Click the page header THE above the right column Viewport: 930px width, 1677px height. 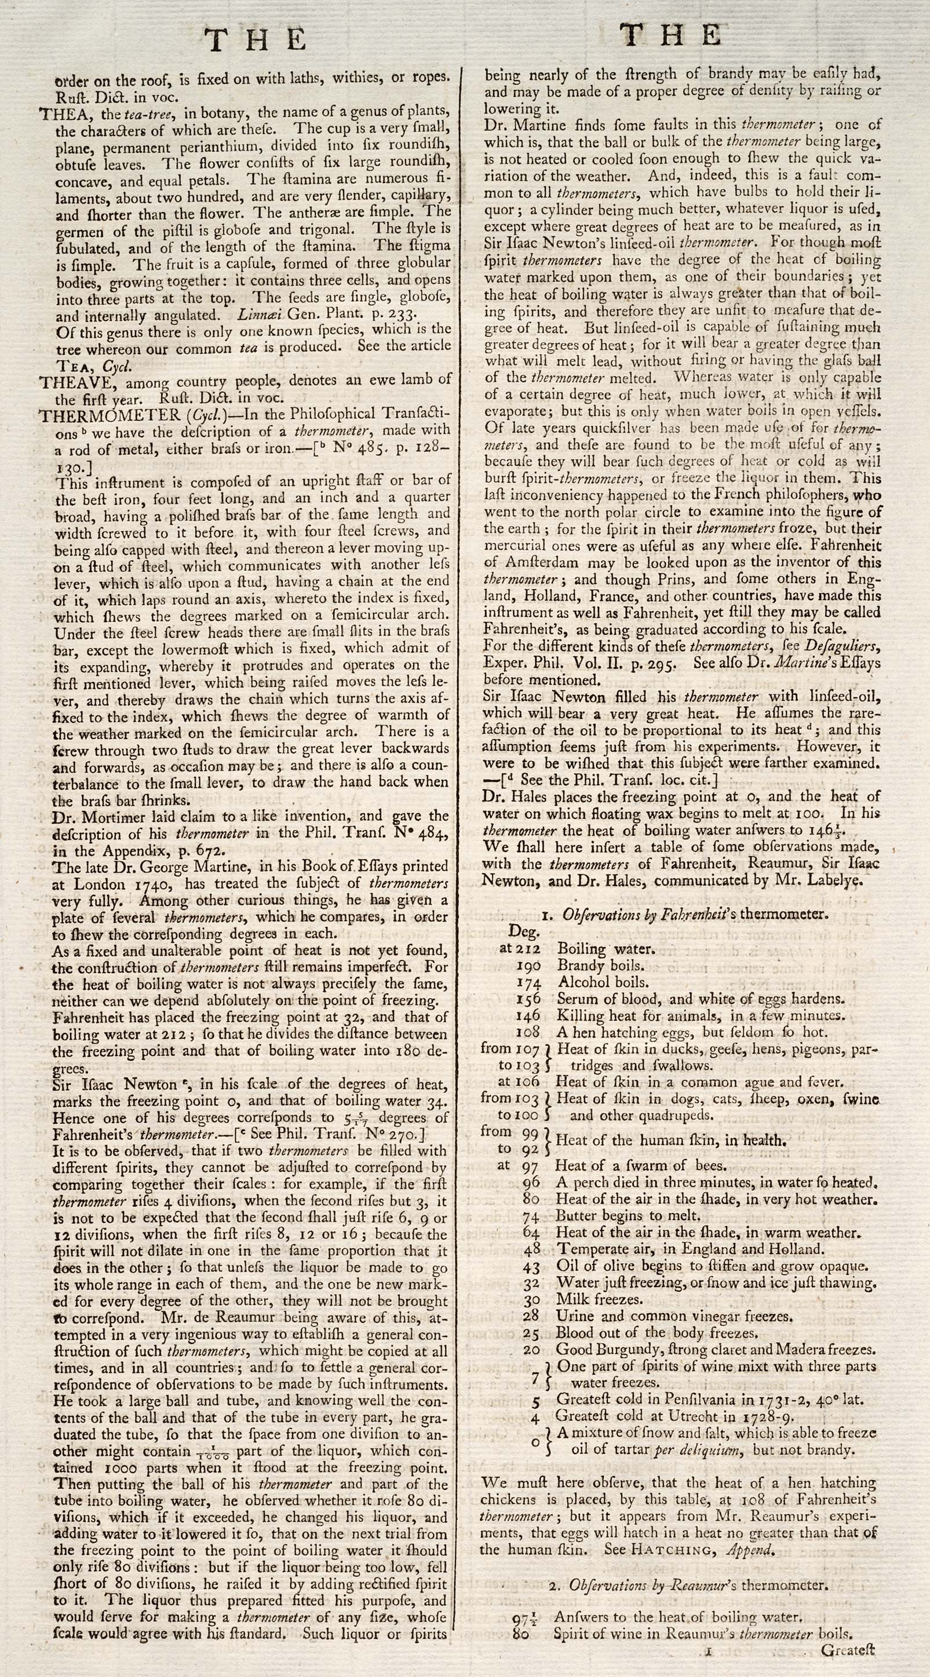(671, 35)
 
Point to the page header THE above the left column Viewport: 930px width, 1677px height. (256, 40)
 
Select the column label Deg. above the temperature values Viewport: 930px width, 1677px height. (524, 931)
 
